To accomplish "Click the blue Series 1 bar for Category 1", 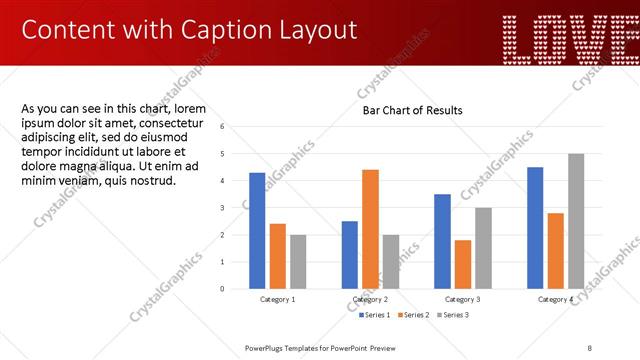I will pyautogui.click(x=257, y=230).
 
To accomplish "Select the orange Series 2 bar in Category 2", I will pyautogui.click(x=370, y=229).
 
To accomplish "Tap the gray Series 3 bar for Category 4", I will pyautogui.click(x=575, y=221).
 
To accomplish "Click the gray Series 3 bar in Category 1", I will pyautogui.click(x=298, y=261).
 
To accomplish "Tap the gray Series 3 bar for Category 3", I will pyautogui.click(x=483, y=248).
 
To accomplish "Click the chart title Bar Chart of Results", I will pyautogui.click(x=412, y=110).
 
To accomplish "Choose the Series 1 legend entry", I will pyautogui.click(x=375, y=315).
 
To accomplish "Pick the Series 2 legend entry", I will pyautogui.click(x=414, y=315).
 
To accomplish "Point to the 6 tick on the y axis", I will pyautogui.click(x=236, y=126).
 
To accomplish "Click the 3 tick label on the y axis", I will pyautogui.click(x=236, y=207).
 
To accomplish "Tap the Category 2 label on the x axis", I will pyautogui.click(x=370, y=299).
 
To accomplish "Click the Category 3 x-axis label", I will pyautogui.click(x=463, y=299).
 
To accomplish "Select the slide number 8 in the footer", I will pyautogui.click(x=590, y=347).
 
